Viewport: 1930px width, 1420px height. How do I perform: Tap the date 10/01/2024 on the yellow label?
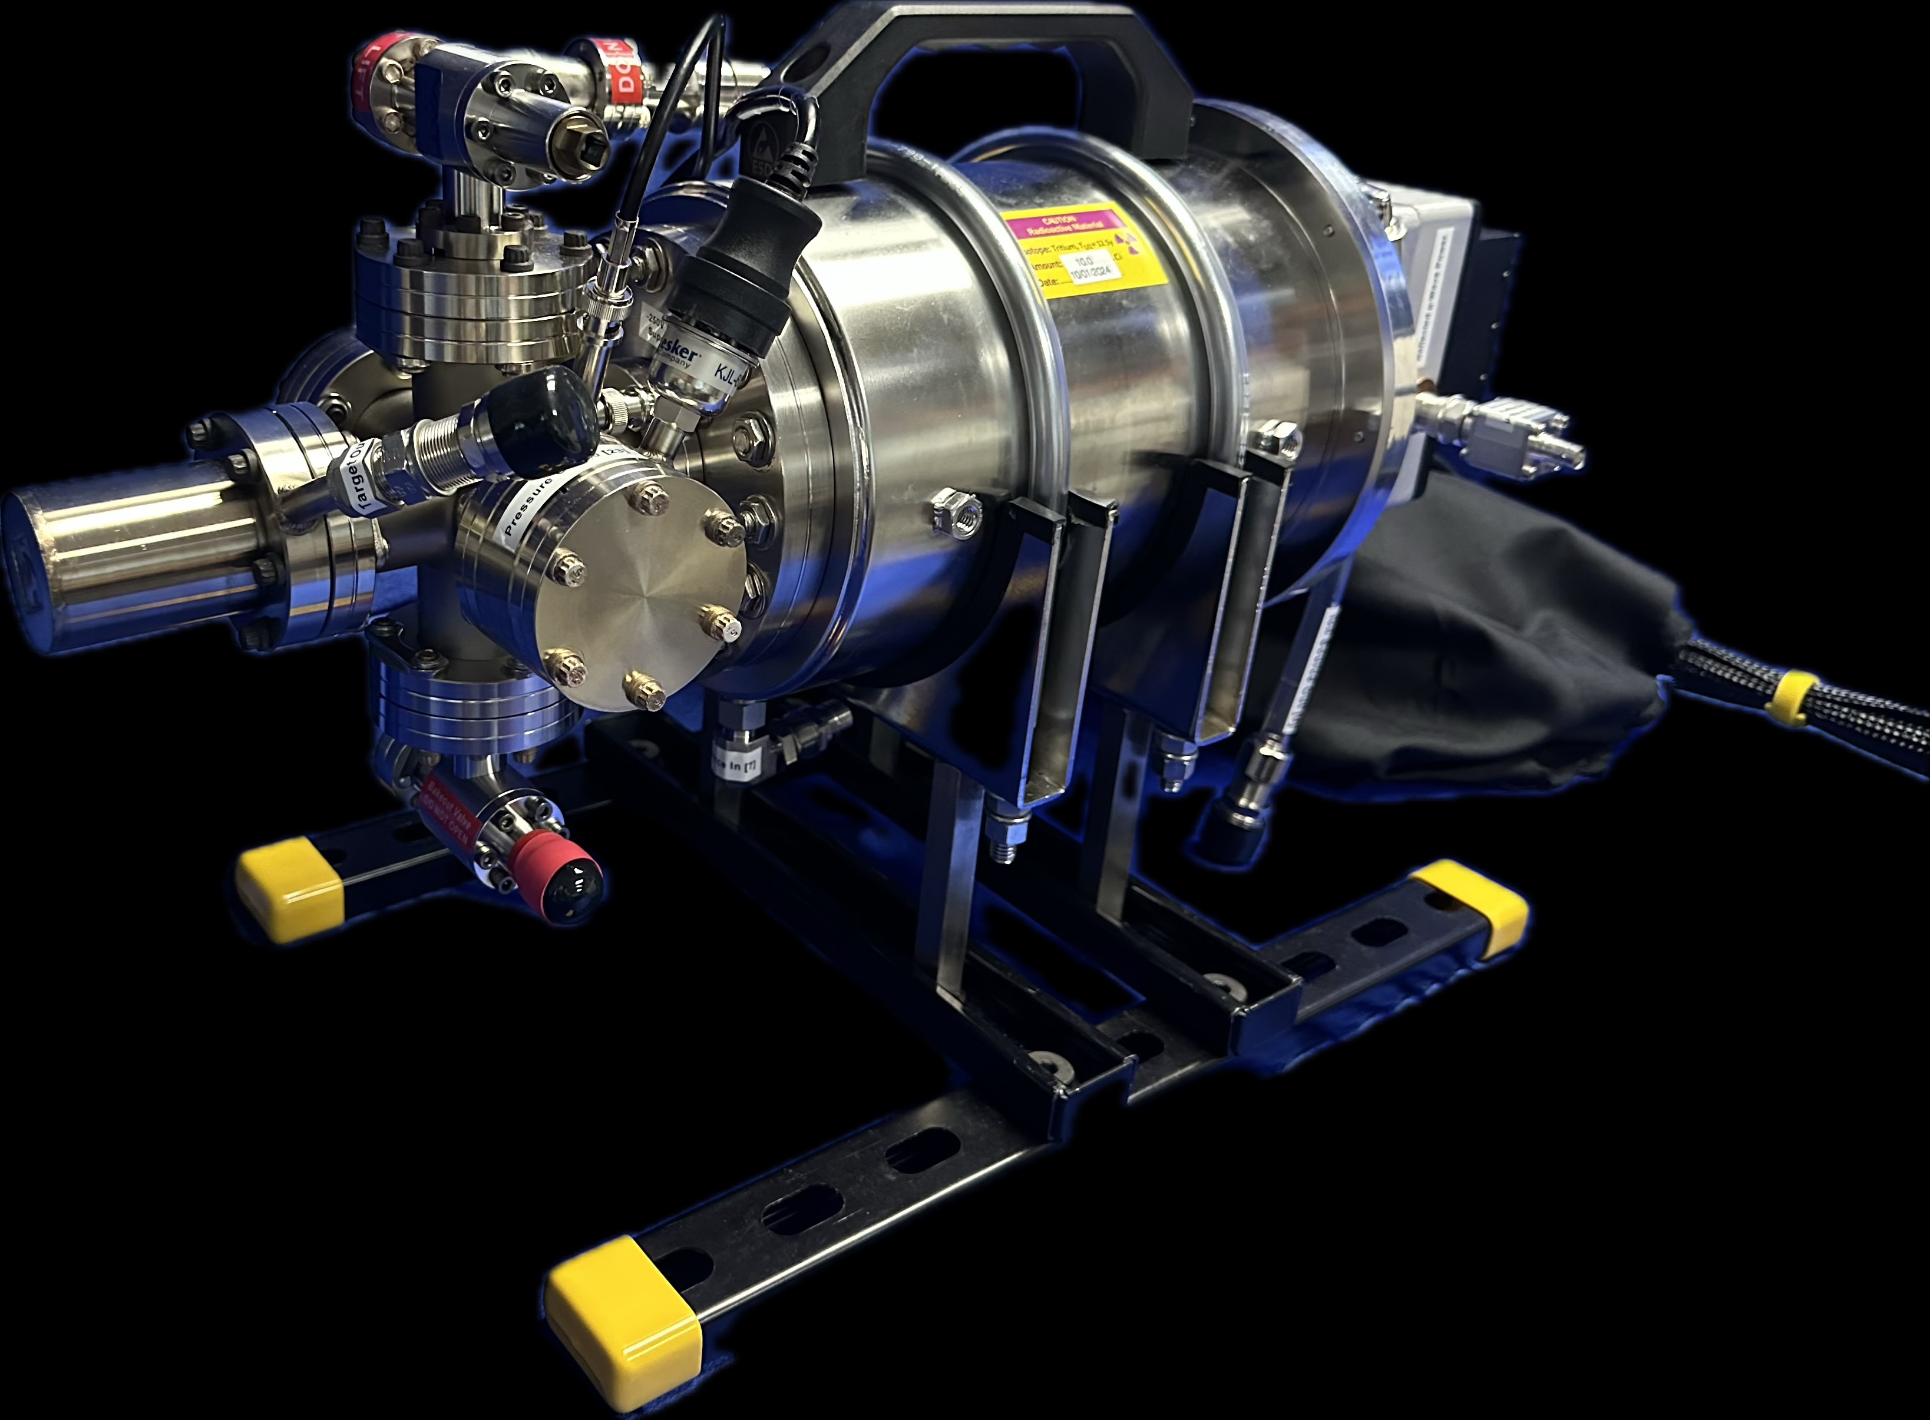tap(1092, 274)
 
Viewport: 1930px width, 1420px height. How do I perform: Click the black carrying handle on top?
tap(989, 52)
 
